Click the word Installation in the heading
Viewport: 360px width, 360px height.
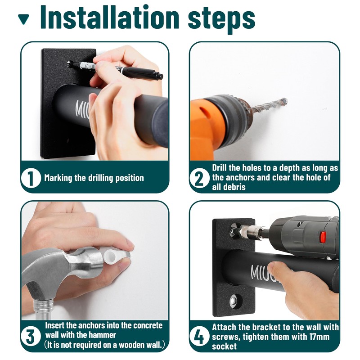click(x=109, y=17)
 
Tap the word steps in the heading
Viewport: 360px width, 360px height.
click(x=221, y=19)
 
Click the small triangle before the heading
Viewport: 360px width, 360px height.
click(x=23, y=19)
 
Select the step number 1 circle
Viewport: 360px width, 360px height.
click(x=31, y=178)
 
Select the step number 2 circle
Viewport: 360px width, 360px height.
click(x=199, y=178)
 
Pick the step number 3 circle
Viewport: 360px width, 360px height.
click(x=31, y=336)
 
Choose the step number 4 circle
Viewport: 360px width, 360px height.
click(x=199, y=337)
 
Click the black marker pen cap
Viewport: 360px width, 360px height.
click(x=142, y=73)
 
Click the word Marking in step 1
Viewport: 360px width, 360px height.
click(x=58, y=178)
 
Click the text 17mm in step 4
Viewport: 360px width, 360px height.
click(x=319, y=337)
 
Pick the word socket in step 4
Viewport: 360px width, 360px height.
click(x=224, y=346)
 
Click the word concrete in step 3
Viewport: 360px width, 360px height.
click(x=148, y=325)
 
